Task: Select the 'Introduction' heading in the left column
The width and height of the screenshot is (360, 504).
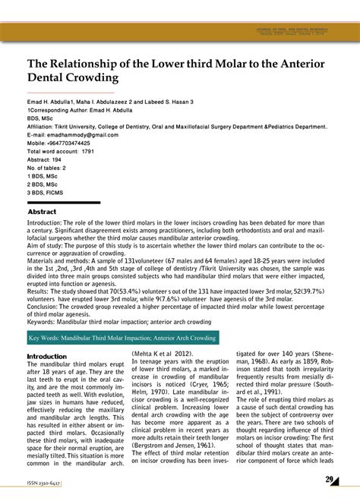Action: (x=47, y=356)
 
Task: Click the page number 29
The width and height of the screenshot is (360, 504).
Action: (x=330, y=479)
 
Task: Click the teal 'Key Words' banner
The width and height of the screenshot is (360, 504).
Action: (x=122, y=339)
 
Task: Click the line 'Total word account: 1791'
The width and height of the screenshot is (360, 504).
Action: (x=61, y=151)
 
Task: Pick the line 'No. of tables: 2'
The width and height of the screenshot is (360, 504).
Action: (x=47, y=168)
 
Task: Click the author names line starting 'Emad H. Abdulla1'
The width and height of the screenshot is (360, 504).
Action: (x=110, y=101)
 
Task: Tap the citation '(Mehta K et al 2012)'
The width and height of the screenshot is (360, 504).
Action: (x=162, y=354)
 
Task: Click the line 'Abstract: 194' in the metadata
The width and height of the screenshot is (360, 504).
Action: (x=45, y=159)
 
